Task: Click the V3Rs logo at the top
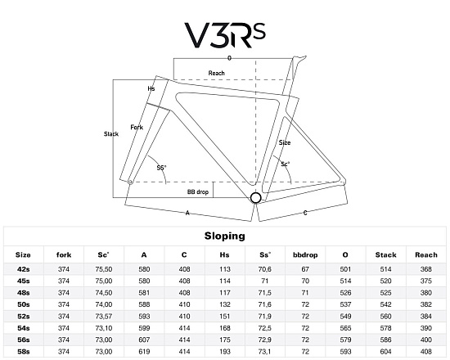point(225,35)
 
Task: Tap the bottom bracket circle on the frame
point(255,198)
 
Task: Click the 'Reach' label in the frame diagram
point(216,73)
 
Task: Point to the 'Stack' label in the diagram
point(111,134)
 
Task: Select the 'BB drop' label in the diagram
point(198,191)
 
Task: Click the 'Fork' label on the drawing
point(137,127)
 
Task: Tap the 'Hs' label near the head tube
point(151,88)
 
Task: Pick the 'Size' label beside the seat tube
point(285,142)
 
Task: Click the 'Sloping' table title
point(225,236)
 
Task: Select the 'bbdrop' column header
point(305,255)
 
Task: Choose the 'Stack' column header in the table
point(385,255)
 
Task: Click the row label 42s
point(23,269)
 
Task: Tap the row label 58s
point(23,351)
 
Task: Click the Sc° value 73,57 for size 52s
point(104,317)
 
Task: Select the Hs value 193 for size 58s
point(225,351)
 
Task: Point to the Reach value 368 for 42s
point(426,269)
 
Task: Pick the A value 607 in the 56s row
point(144,340)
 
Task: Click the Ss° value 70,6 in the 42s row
point(264,269)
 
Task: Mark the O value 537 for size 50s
point(345,304)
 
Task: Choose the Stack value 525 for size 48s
point(385,293)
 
